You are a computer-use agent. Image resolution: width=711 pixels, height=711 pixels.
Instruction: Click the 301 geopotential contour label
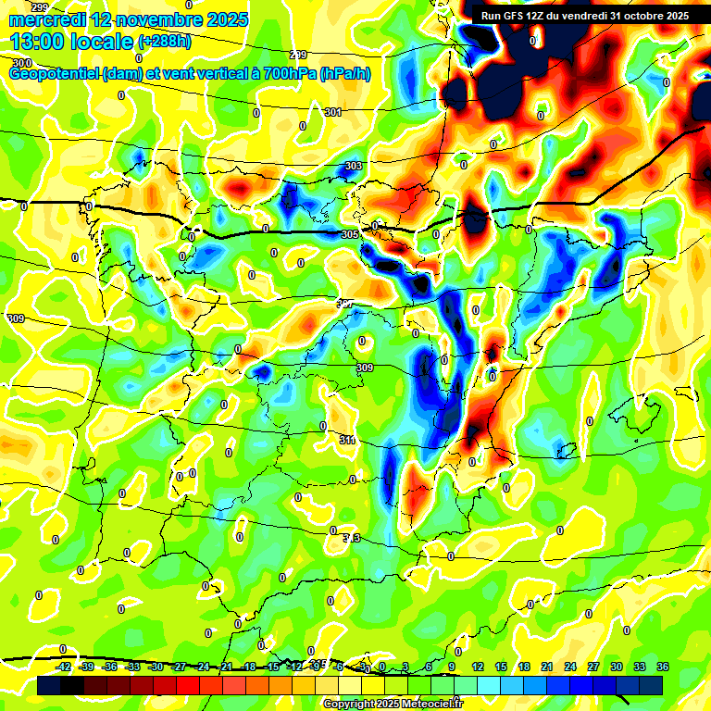(x=333, y=112)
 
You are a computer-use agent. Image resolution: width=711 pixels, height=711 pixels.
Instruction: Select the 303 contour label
(x=353, y=167)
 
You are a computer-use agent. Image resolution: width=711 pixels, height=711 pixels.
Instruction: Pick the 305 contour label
(x=349, y=235)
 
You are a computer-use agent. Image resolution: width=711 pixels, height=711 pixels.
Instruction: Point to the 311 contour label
(x=347, y=440)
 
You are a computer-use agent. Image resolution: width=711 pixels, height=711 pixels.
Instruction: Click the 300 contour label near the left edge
(x=20, y=63)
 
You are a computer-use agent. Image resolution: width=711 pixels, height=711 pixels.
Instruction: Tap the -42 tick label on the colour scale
(x=64, y=667)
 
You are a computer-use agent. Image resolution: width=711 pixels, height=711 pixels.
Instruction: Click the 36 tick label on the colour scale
(x=663, y=667)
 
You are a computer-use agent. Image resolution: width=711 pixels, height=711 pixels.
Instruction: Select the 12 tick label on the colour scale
(x=478, y=667)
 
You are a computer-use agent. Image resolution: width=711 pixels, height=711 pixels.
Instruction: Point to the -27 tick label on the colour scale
(x=180, y=667)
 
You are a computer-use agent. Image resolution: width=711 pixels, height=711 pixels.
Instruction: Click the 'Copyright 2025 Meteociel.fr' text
(x=393, y=704)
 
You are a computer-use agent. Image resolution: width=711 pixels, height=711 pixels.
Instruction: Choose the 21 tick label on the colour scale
(x=547, y=667)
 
